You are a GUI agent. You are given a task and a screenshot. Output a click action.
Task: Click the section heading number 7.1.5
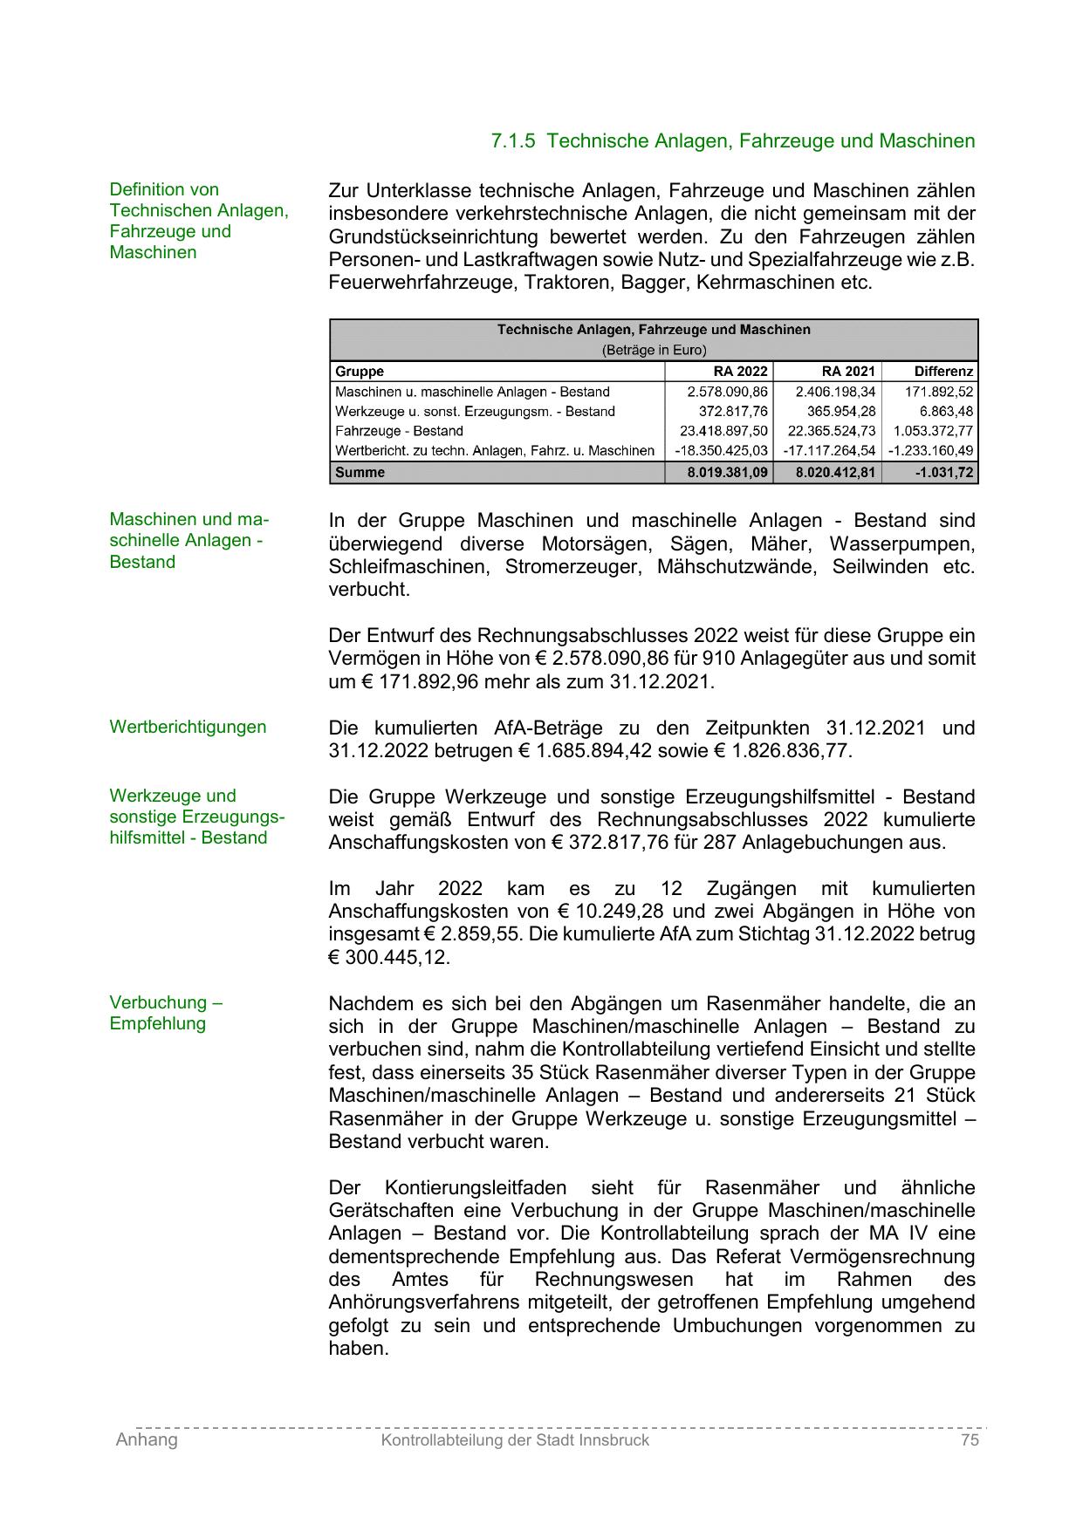[x=513, y=141]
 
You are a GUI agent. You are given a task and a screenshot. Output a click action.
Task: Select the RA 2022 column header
[x=740, y=372]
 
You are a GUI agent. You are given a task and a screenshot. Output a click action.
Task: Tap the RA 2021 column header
[x=847, y=372]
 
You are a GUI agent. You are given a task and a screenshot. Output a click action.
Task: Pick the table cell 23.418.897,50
[x=723, y=431]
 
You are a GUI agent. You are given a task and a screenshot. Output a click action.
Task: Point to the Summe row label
[x=360, y=473]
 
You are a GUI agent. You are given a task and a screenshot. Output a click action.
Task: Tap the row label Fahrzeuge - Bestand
[x=399, y=431]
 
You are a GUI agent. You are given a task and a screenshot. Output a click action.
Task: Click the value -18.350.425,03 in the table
[x=721, y=451]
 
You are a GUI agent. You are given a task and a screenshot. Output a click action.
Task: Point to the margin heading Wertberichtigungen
[x=188, y=728]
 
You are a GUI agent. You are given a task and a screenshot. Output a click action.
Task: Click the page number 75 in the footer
[x=970, y=1440]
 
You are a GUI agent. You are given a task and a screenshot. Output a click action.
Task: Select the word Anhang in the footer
[x=147, y=1440]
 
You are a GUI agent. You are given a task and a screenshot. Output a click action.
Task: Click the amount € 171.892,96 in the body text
[x=420, y=682]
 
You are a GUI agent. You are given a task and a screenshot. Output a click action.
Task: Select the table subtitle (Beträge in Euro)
[x=654, y=351]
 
